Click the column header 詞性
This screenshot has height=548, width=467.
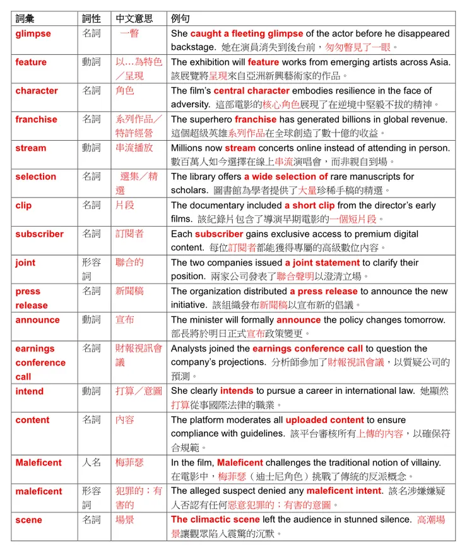pos(92,18)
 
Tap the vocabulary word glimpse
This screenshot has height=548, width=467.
pos(33,33)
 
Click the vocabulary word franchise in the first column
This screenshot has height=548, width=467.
pos(36,119)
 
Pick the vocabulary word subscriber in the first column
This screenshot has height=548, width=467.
pos(39,234)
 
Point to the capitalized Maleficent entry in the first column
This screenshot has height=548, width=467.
pos(38,463)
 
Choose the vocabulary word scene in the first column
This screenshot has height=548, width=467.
pos(28,520)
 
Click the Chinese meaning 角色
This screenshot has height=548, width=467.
pos(125,90)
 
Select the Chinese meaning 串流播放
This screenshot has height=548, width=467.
pos(134,148)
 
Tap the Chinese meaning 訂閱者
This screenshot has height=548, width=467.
pos(129,234)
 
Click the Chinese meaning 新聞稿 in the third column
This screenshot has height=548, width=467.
pos(129,291)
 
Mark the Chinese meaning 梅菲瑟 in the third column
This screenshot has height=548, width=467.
pos(129,463)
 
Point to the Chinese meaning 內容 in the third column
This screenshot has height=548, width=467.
pos(125,420)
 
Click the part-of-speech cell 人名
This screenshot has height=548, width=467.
pos(92,463)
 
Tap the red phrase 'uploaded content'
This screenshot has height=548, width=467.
pos(324,420)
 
